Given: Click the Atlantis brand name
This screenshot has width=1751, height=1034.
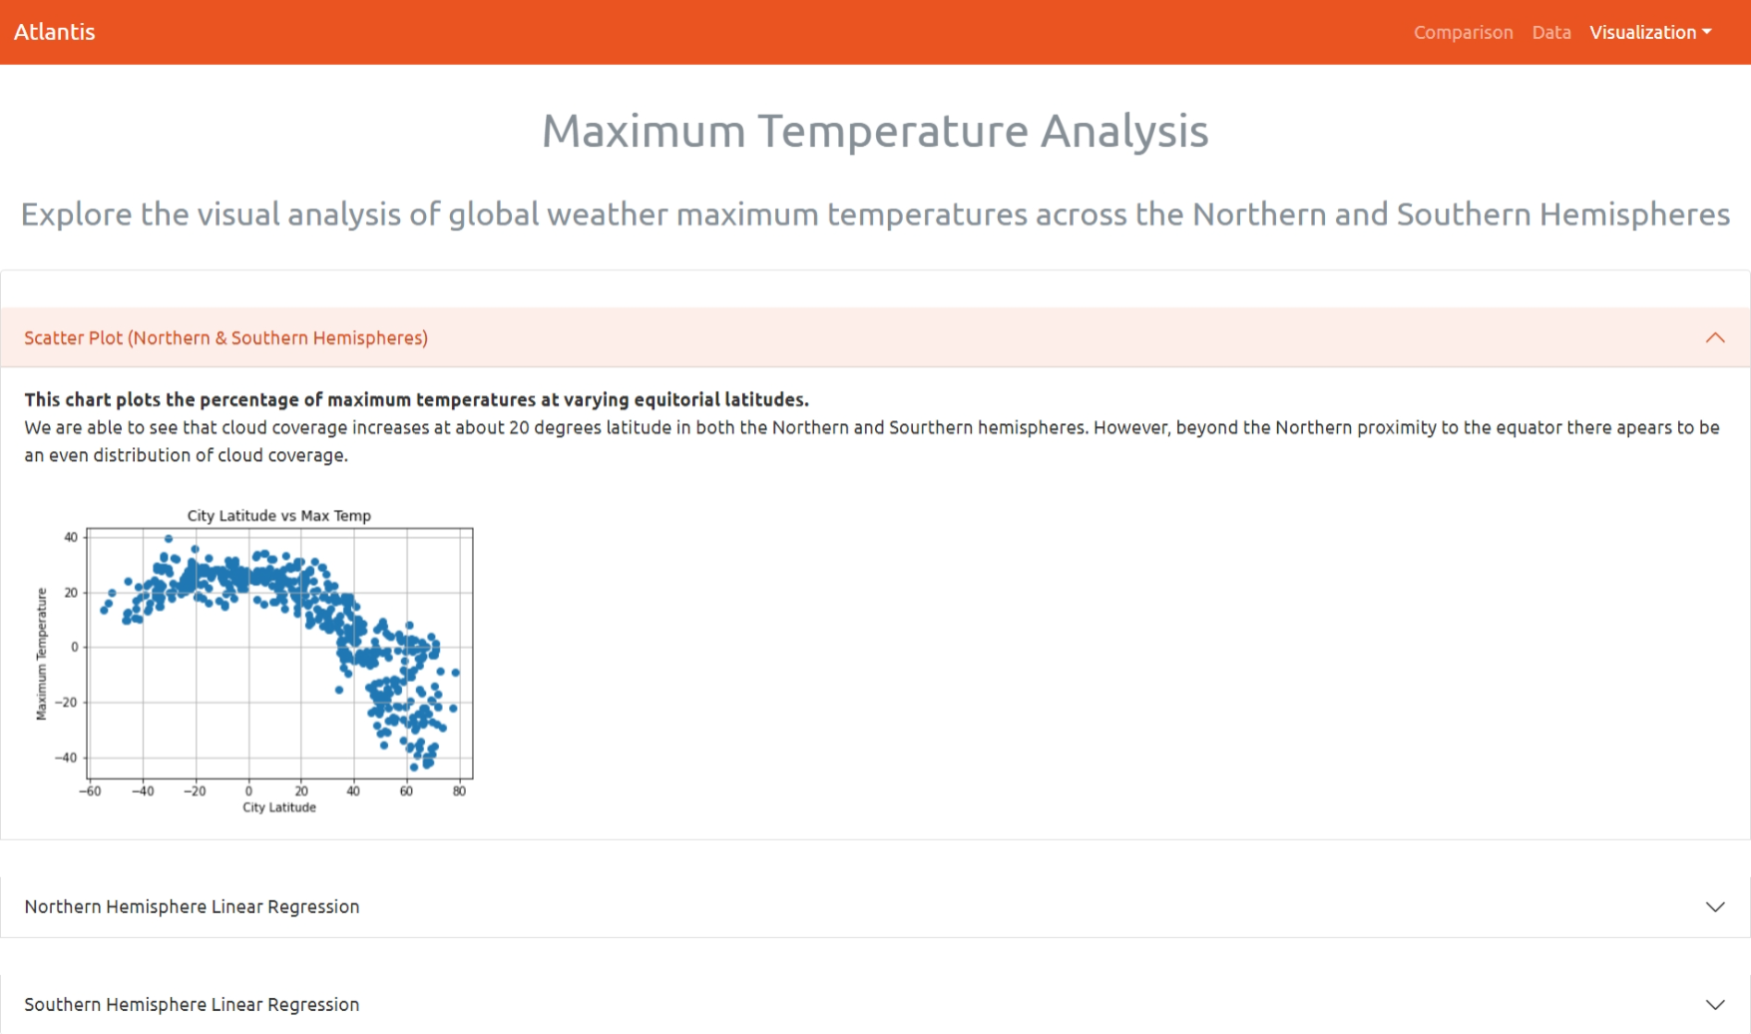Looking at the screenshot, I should (55, 32).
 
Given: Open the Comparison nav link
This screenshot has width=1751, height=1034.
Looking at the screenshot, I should (1463, 33).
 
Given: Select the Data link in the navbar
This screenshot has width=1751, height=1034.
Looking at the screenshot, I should (1550, 33).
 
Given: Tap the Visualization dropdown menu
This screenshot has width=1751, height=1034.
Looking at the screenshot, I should (1649, 33).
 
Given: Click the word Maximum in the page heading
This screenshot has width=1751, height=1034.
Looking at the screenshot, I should (644, 132).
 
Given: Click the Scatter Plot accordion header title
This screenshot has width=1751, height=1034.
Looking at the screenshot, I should (225, 338).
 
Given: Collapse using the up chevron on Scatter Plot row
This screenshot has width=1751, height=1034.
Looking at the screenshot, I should (1714, 338).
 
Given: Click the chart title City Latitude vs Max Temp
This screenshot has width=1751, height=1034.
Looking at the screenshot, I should (278, 516).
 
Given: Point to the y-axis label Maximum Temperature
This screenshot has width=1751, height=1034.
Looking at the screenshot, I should (42, 653).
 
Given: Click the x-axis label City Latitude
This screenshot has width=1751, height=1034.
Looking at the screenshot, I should (278, 807).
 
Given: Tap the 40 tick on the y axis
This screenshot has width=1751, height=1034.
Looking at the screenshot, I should (71, 537).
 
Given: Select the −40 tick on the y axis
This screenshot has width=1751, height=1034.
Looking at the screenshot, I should (66, 758).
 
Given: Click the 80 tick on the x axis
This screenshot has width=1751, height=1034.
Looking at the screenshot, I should (459, 791).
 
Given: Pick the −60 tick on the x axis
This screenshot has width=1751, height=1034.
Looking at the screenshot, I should (90, 791).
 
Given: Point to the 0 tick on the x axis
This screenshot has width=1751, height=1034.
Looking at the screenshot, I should (248, 791).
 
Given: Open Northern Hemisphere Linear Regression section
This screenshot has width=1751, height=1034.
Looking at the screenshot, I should (192, 907).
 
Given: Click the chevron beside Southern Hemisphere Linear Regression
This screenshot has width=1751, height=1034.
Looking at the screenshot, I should (1714, 1005).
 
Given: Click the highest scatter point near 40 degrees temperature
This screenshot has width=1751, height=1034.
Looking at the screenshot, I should (169, 539).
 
